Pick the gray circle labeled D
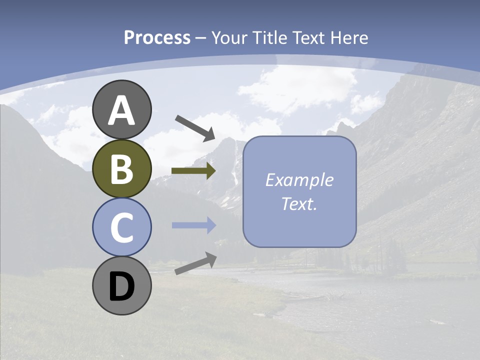click(121, 286)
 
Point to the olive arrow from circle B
click(193, 171)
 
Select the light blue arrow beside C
click(193, 225)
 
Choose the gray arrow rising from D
click(195, 263)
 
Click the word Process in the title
click(157, 38)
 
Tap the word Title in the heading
click(269, 38)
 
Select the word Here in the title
click(349, 38)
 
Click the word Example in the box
click(299, 180)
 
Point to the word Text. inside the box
click(299, 204)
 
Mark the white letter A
click(121, 110)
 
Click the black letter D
click(121, 287)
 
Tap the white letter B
click(121, 169)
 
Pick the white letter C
click(121, 228)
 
